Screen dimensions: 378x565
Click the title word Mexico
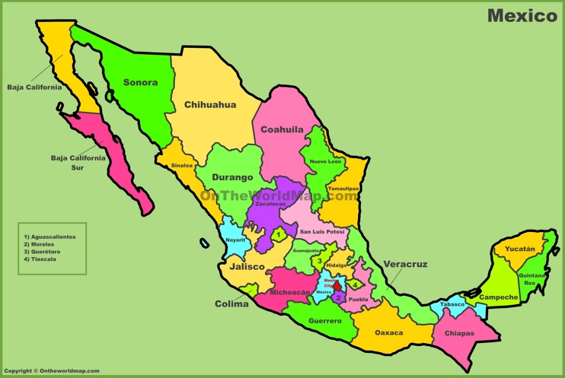coord(522,15)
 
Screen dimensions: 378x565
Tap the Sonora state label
coord(140,82)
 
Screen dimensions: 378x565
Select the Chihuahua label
coord(210,105)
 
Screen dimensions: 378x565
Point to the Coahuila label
coord(282,129)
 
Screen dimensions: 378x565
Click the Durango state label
coord(232,177)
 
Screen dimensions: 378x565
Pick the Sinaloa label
coord(182,165)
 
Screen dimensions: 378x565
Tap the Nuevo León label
coord(325,161)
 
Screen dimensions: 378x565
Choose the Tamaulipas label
coord(343,188)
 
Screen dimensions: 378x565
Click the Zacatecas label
coord(270,204)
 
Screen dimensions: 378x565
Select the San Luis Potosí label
coord(322,231)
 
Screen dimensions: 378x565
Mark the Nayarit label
coord(236,240)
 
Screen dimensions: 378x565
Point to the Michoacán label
coord(290,291)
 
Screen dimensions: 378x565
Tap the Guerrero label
coord(325,320)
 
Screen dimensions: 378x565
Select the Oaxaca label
coord(389,332)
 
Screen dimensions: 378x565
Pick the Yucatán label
coord(519,249)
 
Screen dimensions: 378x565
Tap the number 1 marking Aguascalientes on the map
coord(280,235)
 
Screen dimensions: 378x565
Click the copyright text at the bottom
coord(52,371)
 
